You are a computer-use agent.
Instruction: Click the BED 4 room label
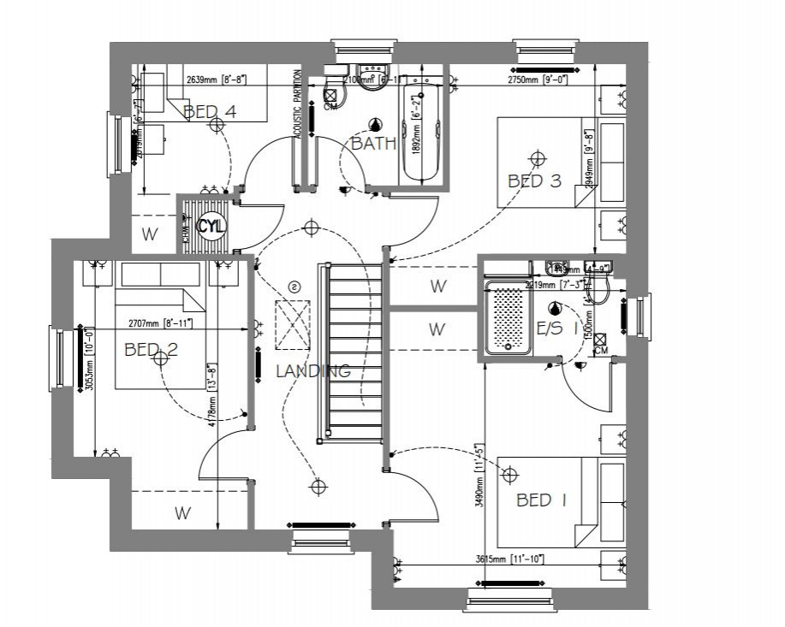[x=210, y=111]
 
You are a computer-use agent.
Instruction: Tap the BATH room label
[x=374, y=144]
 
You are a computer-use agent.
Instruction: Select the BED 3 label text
[x=534, y=180]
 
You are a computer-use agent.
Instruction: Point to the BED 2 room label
[x=151, y=349]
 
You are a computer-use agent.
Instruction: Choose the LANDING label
[x=312, y=371]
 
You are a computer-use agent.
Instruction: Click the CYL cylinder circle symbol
[x=211, y=227]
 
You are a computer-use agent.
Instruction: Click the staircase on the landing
[x=353, y=351]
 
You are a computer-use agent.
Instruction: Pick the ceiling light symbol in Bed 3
[x=538, y=158]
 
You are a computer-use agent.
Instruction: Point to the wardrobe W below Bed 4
[x=149, y=233]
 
